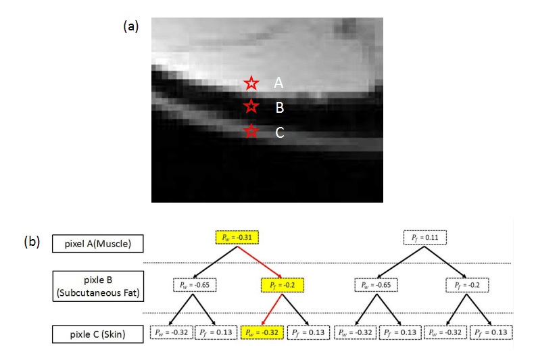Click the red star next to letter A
(251, 83)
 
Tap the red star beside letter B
(251, 107)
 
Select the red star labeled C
(251, 131)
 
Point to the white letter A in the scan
(278, 83)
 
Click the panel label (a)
(130, 26)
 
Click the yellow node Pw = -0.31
(237, 238)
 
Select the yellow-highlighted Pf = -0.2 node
(280, 286)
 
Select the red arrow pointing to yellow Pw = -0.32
(272, 308)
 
